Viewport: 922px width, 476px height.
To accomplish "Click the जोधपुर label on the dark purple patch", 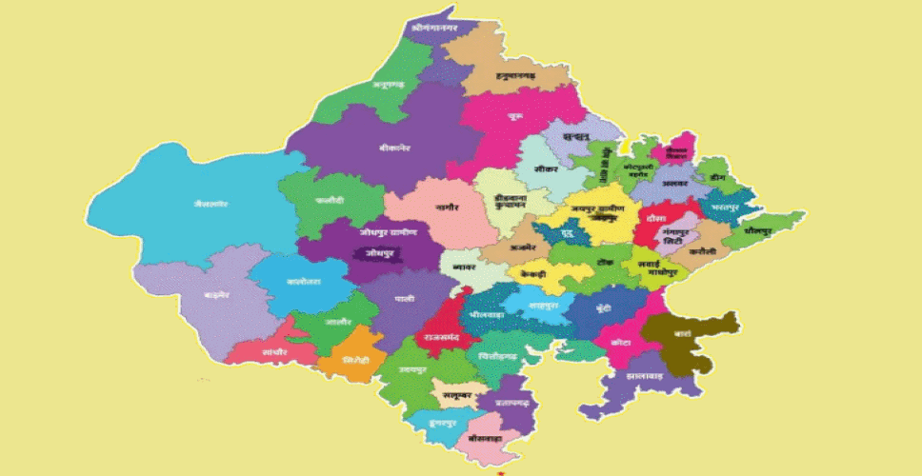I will (x=371, y=253).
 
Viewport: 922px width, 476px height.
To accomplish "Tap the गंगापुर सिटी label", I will (x=678, y=234).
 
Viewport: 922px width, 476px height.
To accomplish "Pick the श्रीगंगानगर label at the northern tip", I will (x=435, y=29).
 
